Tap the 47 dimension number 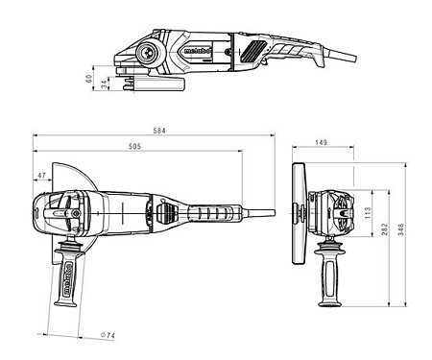coord(40,176)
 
